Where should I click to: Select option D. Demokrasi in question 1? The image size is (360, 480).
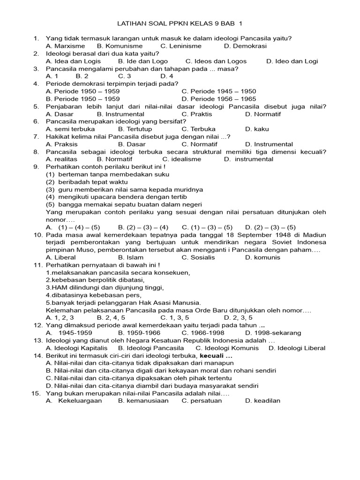point(245,46)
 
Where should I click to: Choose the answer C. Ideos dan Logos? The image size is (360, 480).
point(216,61)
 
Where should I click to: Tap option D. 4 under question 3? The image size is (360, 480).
point(167,76)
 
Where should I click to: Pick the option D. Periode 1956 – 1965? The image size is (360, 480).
point(219,99)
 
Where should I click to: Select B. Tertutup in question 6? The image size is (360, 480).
point(135,129)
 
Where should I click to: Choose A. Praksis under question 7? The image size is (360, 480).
point(62,144)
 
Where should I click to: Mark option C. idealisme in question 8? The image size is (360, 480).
point(181,159)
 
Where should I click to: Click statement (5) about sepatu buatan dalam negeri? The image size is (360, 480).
point(124,204)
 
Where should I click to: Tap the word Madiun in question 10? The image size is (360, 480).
point(315,234)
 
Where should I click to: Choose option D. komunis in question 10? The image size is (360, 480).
point(263,257)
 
